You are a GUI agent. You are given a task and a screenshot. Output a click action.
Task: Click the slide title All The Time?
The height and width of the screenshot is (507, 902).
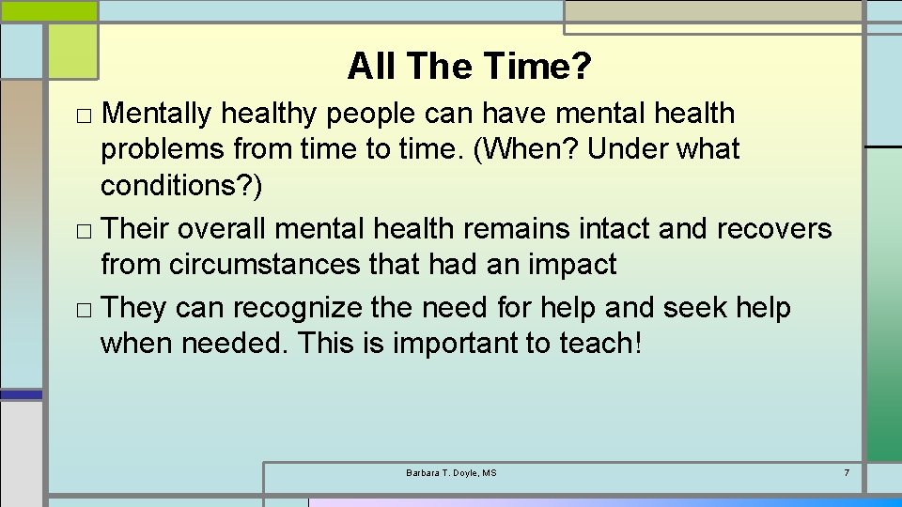469,66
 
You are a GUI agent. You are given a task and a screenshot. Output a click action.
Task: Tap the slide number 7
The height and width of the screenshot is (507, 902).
847,472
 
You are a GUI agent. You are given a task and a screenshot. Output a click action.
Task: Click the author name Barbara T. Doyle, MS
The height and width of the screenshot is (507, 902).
451,472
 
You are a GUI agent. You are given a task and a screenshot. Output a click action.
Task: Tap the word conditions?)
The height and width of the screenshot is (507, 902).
182,186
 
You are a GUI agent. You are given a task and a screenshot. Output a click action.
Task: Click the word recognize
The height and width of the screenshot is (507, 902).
299,307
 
